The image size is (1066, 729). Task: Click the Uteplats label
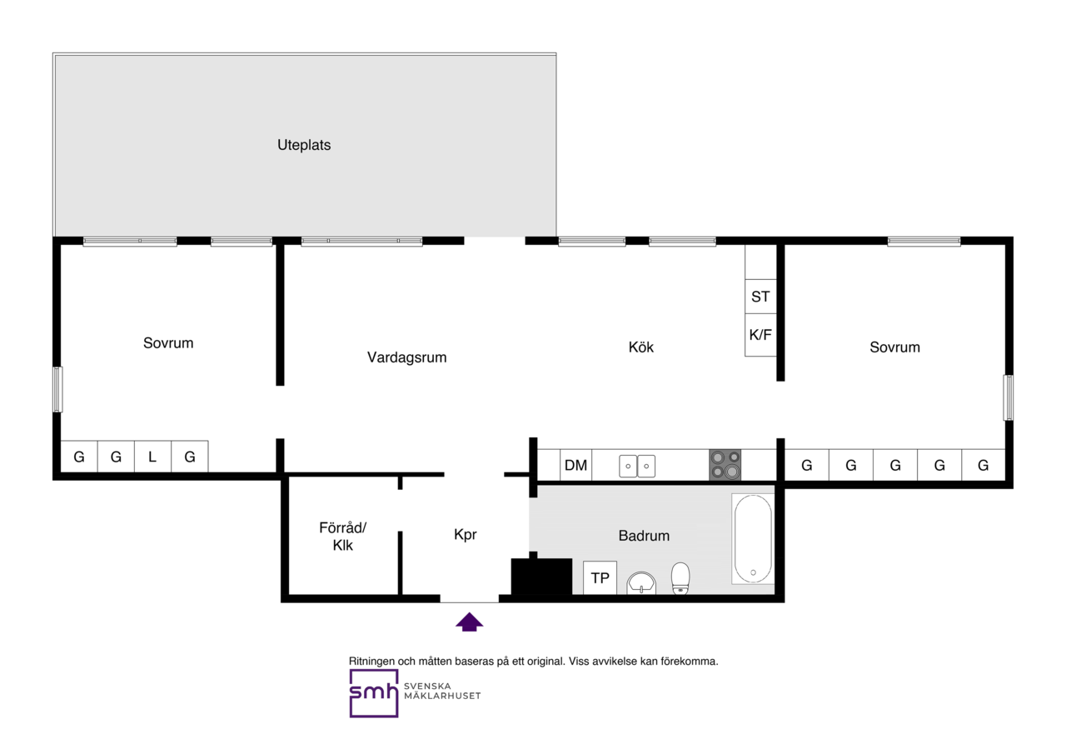pyautogui.click(x=304, y=145)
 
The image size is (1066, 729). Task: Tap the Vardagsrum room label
pyautogui.click(x=407, y=357)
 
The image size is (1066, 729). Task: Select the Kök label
pyautogui.click(x=640, y=347)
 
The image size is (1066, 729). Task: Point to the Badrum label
pyautogui.click(x=644, y=536)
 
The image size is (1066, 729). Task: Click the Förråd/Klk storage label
pyautogui.click(x=342, y=537)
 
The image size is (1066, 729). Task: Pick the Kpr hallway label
pyautogui.click(x=465, y=535)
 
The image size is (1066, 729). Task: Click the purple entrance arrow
pyautogui.click(x=469, y=622)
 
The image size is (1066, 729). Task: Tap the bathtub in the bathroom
pyautogui.click(x=753, y=538)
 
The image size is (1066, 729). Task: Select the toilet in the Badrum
pyautogui.click(x=680, y=578)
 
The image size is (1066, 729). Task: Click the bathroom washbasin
pyautogui.click(x=641, y=583)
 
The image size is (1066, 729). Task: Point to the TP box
pyautogui.click(x=600, y=577)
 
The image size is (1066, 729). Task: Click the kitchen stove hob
pyautogui.click(x=725, y=464)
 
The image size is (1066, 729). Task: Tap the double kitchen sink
pyautogui.click(x=637, y=467)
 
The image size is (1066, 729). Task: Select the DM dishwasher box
pyautogui.click(x=575, y=465)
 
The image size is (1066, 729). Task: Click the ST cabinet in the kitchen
pyautogui.click(x=760, y=296)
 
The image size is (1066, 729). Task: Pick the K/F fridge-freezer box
pyautogui.click(x=760, y=335)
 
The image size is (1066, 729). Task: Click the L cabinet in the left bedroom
pyautogui.click(x=152, y=457)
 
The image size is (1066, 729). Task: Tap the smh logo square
pyautogui.click(x=374, y=693)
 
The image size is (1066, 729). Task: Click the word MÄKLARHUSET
pyautogui.click(x=442, y=696)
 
